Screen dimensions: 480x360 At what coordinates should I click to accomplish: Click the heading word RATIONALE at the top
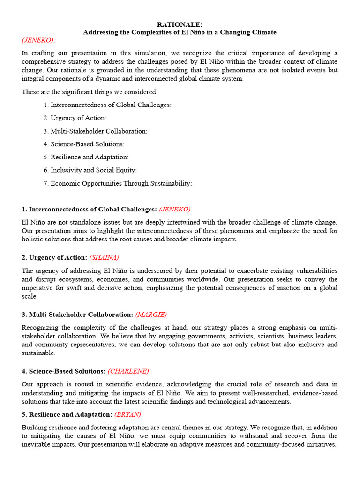pos(180,24)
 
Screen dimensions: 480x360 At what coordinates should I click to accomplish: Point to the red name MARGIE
pos(151,315)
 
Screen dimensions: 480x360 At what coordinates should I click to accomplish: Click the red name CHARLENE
pos(128,371)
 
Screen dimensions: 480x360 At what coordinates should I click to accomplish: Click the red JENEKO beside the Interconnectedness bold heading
pos(175,209)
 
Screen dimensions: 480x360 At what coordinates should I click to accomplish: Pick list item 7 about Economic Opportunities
pos(118,183)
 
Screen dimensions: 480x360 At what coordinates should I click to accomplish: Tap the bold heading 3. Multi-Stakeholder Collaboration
pos(77,315)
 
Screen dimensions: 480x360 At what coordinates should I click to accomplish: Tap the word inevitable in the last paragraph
pos(37,444)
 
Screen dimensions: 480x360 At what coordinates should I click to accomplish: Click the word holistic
pos(33,240)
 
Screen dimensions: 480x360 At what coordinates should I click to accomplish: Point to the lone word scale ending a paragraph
pos(30,297)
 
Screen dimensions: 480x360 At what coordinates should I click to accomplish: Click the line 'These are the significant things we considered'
pos(90,92)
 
